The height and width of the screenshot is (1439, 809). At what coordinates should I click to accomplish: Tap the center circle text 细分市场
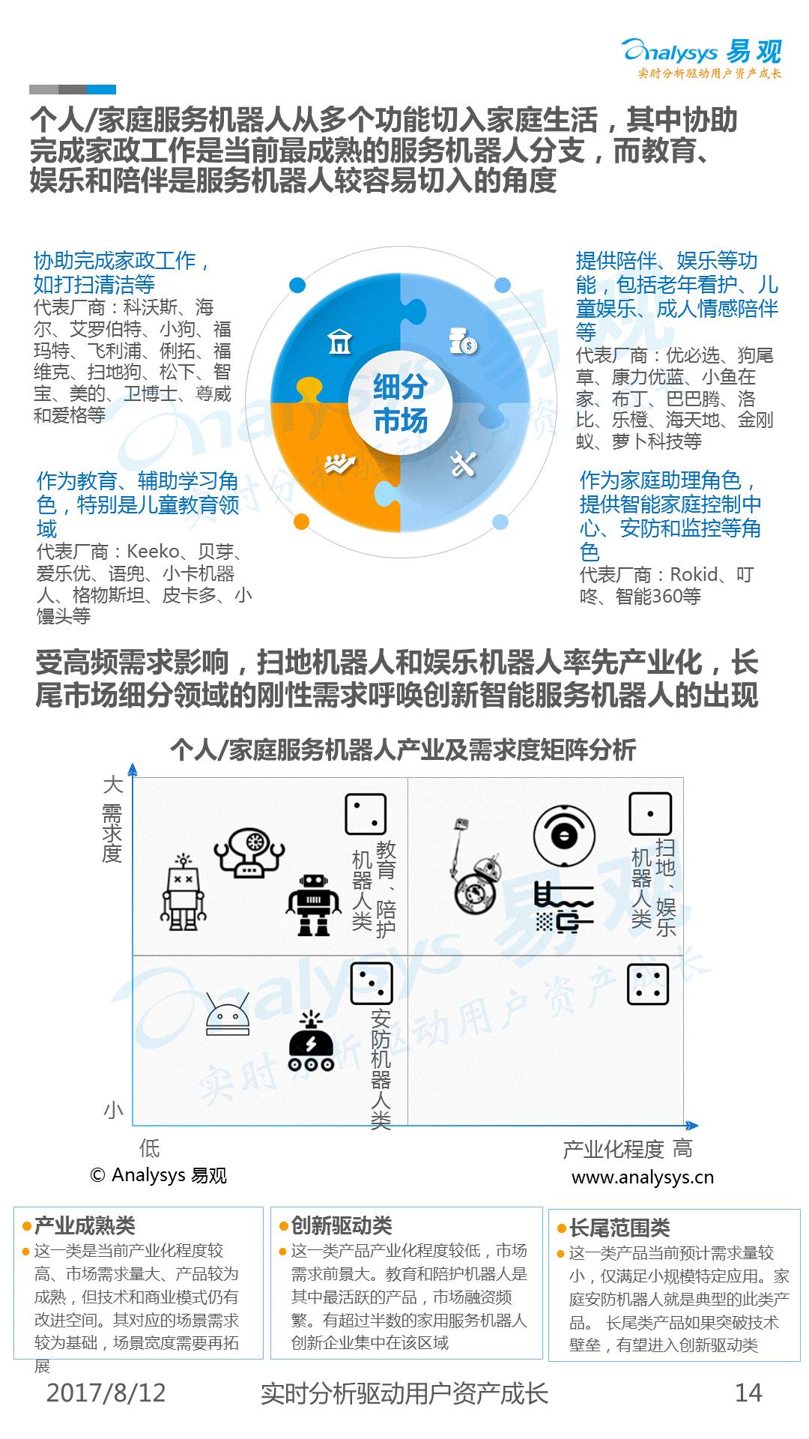tap(400, 405)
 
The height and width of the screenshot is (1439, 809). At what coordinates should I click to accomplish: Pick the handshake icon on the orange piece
tap(339, 465)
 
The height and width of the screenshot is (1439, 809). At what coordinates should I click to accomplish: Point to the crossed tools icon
tap(463, 465)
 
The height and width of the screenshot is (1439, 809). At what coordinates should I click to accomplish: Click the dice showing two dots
tap(366, 814)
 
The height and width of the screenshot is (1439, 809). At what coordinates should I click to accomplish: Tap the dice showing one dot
tap(649, 813)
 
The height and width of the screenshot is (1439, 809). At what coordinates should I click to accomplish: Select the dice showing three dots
tap(372, 983)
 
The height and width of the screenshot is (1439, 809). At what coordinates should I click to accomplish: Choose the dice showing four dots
tap(648, 984)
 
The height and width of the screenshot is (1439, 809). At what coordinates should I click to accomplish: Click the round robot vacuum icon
tap(564, 835)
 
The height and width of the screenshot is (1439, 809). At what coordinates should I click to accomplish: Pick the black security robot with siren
tap(311, 1042)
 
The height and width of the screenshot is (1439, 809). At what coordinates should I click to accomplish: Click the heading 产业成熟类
tap(85, 1225)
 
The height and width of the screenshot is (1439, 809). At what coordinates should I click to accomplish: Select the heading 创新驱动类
tap(341, 1225)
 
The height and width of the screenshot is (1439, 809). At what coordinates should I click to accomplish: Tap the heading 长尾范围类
tap(619, 1228)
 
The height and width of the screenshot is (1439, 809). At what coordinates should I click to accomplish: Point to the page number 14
tap(748, 1393)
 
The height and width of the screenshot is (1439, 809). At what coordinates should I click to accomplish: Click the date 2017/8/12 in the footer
tap(106, 1393)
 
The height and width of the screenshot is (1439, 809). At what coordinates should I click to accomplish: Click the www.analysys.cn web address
tap(642, 1177)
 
